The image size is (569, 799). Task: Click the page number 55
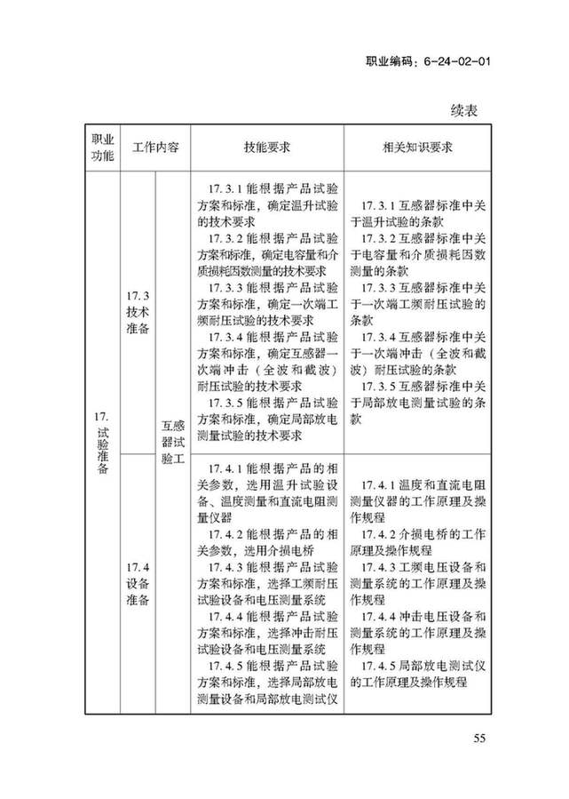coord(479,738)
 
